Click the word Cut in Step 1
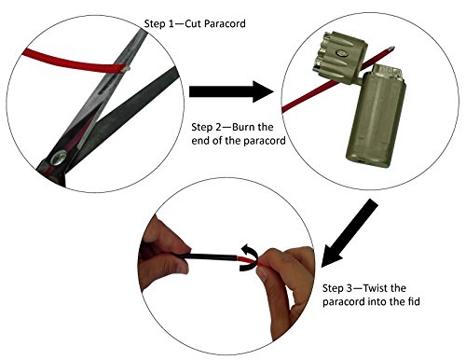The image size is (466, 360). [193, 24]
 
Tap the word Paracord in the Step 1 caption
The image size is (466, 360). [225, 24]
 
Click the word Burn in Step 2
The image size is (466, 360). [244, 127]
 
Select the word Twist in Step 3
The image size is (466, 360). [376, 288]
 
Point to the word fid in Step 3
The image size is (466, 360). [414, 301]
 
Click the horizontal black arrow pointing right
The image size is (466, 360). [231, 91]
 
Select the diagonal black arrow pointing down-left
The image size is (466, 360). [349, 233]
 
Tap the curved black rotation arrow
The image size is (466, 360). [250, 258]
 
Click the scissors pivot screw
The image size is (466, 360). [59, 158]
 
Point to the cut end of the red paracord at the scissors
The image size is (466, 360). [124, 68]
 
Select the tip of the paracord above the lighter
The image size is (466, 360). [393, 48]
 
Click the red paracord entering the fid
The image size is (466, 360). [248, 260]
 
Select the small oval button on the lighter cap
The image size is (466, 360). [340, 53]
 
